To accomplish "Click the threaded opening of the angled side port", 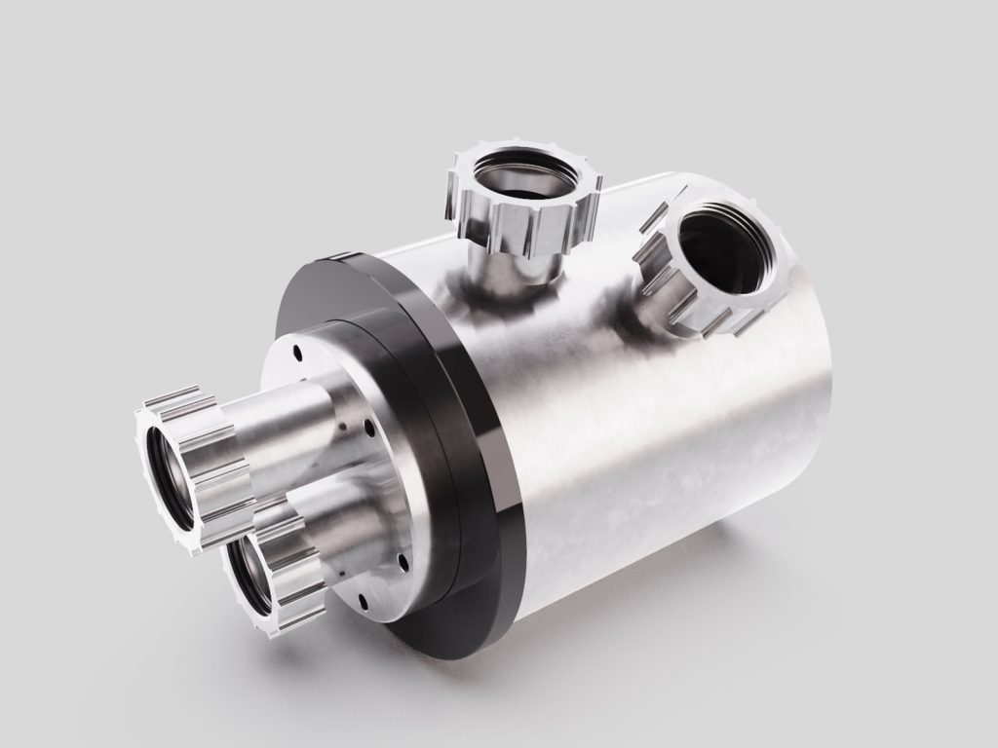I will pyautogui.click(x=726, y=248).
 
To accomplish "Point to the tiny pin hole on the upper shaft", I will pyautogui.click(x=343, y=426).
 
